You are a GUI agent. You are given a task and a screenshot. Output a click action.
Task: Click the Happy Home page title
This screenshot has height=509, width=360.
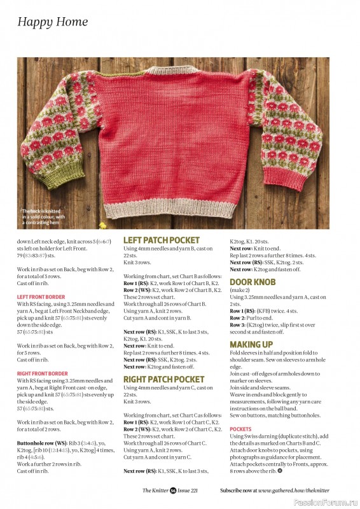point(53,22)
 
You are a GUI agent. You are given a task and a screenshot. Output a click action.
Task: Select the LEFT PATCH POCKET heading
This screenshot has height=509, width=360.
point(161,240)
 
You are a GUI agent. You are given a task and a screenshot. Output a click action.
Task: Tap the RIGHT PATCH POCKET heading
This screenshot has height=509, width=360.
point(163,380)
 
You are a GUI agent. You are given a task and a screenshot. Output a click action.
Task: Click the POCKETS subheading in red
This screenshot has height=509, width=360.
point(241,429)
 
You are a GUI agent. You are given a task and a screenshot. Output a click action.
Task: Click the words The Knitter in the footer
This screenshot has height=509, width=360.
point(154,491)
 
